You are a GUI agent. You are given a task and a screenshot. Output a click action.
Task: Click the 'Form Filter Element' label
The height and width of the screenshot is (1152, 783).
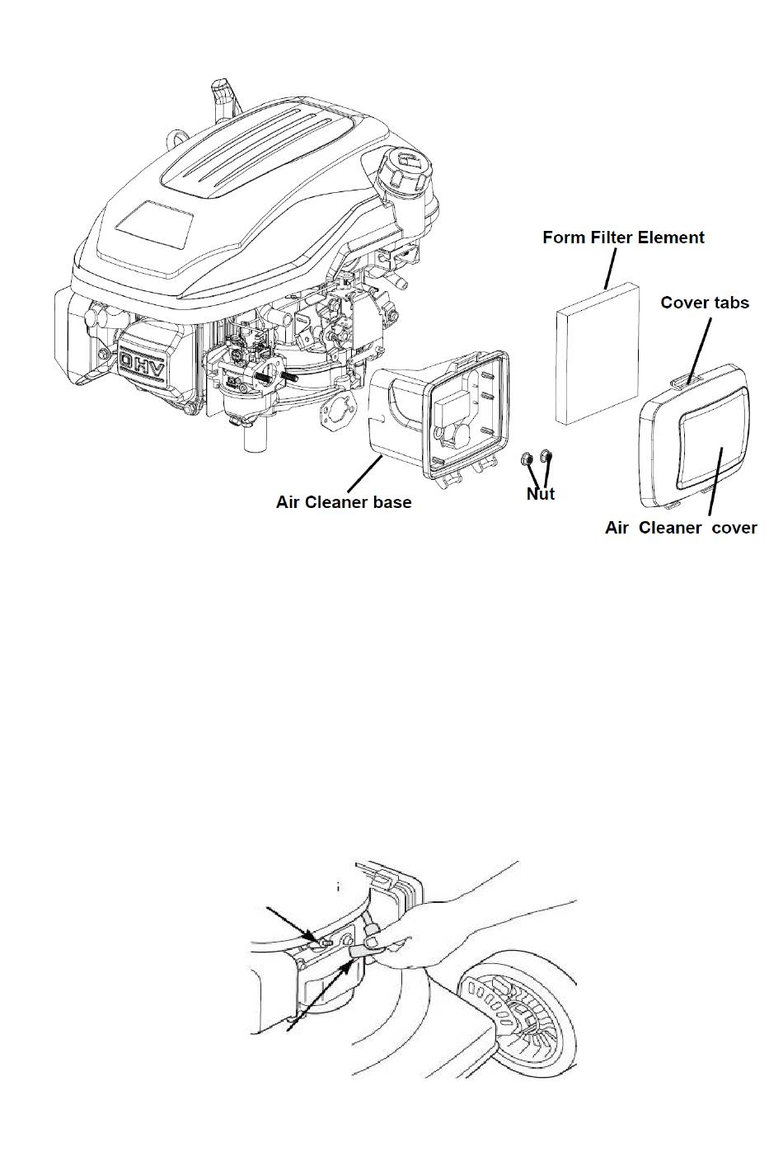623,237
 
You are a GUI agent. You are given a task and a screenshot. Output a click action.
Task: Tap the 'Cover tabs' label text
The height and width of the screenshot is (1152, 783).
705,303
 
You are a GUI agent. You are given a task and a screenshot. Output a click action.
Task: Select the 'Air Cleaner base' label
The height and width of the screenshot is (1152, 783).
344,502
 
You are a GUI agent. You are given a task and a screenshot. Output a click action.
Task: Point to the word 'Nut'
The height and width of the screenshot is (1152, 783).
541,494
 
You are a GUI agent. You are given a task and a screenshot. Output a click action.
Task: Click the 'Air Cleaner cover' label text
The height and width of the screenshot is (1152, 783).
681,528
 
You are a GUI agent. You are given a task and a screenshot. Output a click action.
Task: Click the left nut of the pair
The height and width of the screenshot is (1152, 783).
527,458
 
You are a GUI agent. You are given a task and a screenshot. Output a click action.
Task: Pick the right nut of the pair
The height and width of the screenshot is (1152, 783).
546,455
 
